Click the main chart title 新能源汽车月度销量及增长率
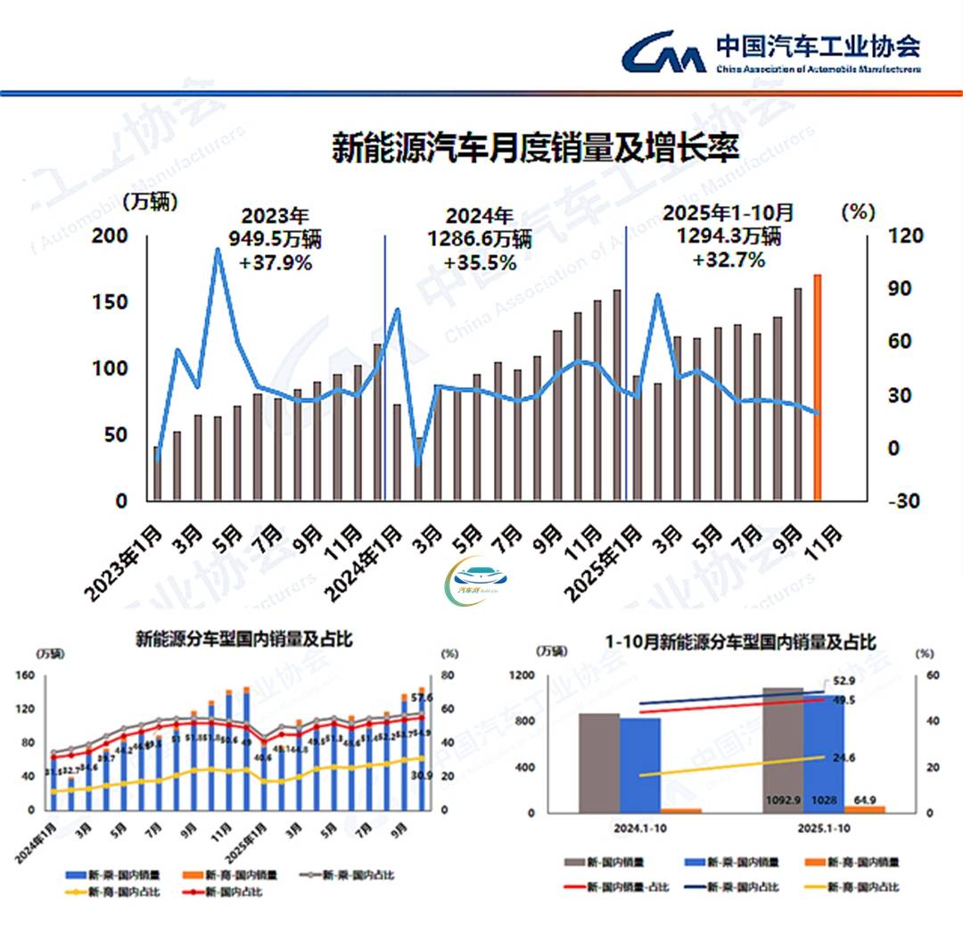click(535, 146)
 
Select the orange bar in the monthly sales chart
click(817, 388)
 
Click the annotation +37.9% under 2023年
click(276, 262)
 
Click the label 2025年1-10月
click(728, 213)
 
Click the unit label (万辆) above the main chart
click(150, 202)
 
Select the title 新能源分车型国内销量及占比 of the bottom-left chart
click(243, 640)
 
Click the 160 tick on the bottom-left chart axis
click(24, 675)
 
